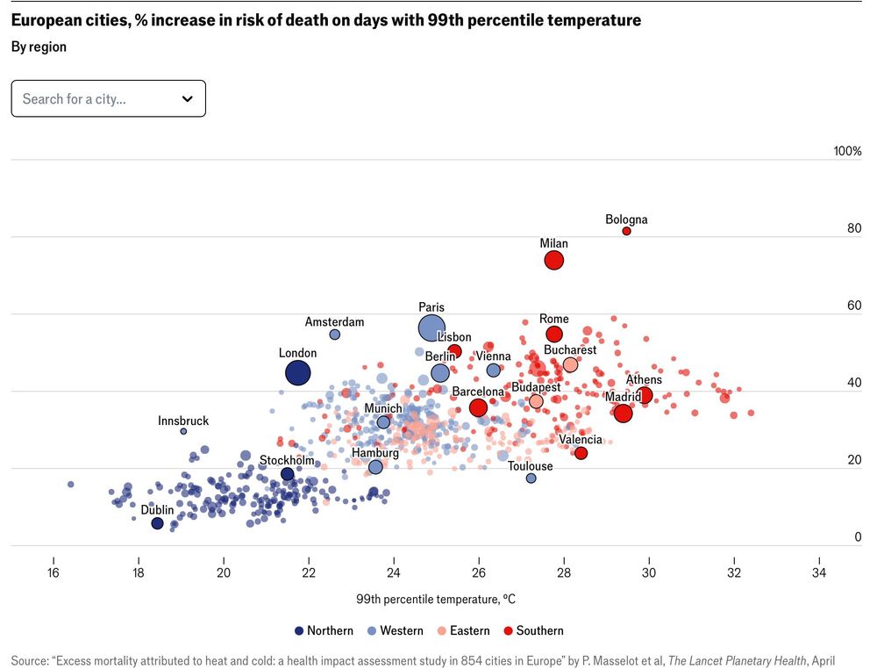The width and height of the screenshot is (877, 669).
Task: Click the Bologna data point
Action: coord(626,231)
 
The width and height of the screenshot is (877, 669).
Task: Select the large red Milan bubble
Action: coord(553,260)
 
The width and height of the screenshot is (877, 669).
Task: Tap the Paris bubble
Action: coord(431,328)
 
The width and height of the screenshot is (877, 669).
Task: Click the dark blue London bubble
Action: coord(298,373)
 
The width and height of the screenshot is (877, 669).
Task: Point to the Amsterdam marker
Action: coord(334,334)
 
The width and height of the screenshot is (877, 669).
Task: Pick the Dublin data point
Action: coord(157,523)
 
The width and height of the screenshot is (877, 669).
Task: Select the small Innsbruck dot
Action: coord(183,431)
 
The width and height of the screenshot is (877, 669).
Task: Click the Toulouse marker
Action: coord(531,478)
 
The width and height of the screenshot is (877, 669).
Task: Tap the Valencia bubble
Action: coord(581,453)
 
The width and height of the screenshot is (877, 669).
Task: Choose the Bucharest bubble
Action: coord(570,364)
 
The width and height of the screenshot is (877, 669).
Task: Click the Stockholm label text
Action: coord(287,460)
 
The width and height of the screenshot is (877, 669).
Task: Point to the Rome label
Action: coord(554,319)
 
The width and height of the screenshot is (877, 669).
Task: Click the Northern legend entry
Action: coord(324,630)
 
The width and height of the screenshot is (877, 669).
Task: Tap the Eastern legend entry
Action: coord(465,630)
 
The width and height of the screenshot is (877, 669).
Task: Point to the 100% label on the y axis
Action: coord(847,151)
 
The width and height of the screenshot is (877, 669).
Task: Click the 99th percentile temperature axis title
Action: coord(436,600)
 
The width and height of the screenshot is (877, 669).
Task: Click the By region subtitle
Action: coord(39,47)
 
